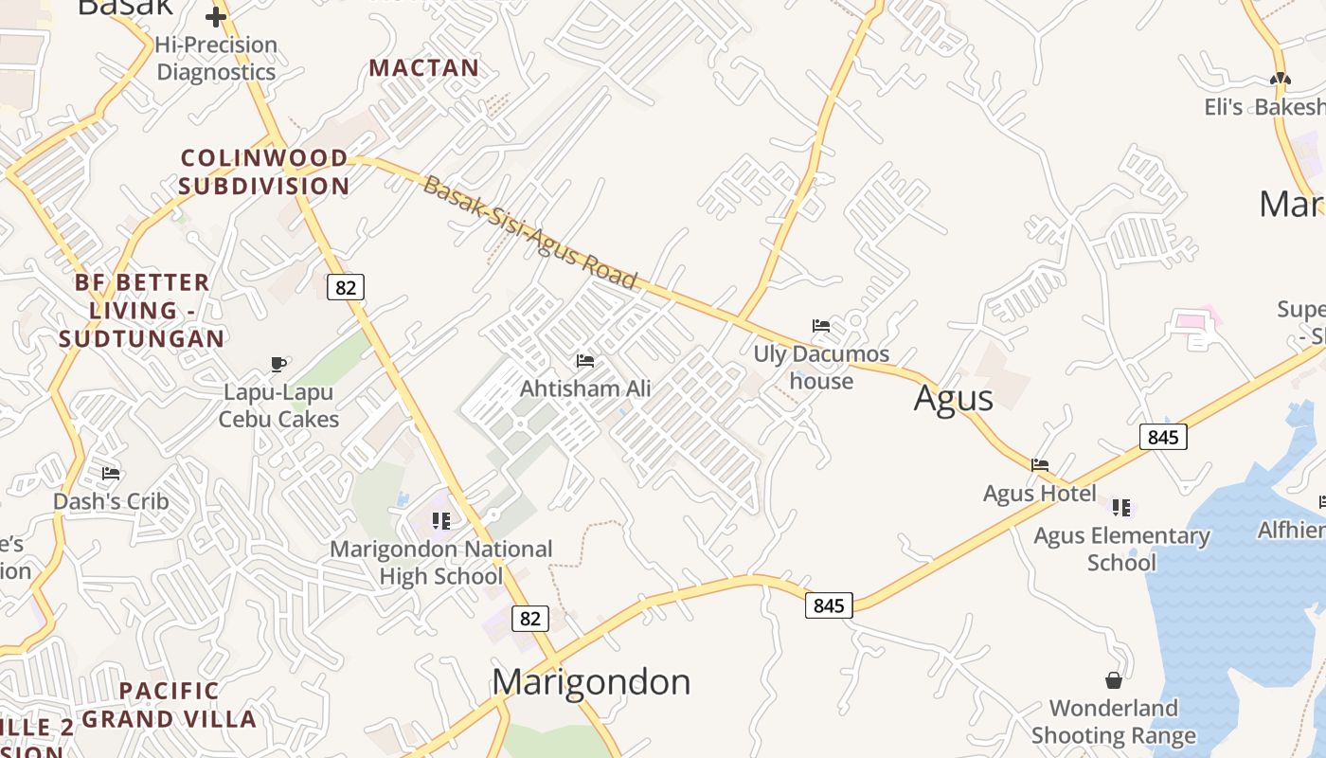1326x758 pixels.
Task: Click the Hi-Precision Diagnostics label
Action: click(x=216, y=59)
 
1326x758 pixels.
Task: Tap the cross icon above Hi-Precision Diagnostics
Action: click(x=216, y=17)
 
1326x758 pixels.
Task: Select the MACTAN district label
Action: click(x=424, y=68)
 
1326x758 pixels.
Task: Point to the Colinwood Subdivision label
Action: click(x=264, y=171)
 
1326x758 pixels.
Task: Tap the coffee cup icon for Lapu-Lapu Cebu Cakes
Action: click(x=278, y=364)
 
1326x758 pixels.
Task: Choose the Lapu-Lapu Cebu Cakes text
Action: click(x=278, y=406)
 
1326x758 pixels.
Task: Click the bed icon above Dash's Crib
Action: click(x=111, y=474)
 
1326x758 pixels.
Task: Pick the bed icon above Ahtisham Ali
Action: click(x=585, y=361)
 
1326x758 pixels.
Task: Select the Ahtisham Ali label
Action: click(x=585, y=388)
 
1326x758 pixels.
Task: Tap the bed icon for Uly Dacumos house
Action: click(x=821, y=326)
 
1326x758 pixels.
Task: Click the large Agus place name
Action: click(x=953, y=399)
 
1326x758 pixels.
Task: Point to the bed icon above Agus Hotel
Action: click(x=1040, y=465)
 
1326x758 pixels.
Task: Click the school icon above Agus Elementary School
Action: click(x=1121, y=508)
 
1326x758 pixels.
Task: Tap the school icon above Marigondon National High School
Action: click(x=440, y=521)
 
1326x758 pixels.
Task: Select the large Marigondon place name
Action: click(x=591, y=682)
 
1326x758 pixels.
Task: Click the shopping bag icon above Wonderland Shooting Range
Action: click(x=1114, y=680)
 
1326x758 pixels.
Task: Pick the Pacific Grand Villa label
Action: click(x=170, y=705)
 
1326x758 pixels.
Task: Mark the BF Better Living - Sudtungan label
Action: click(x=142, y=310)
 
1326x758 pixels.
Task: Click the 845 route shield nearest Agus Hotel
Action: click(x=1163, y=437)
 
